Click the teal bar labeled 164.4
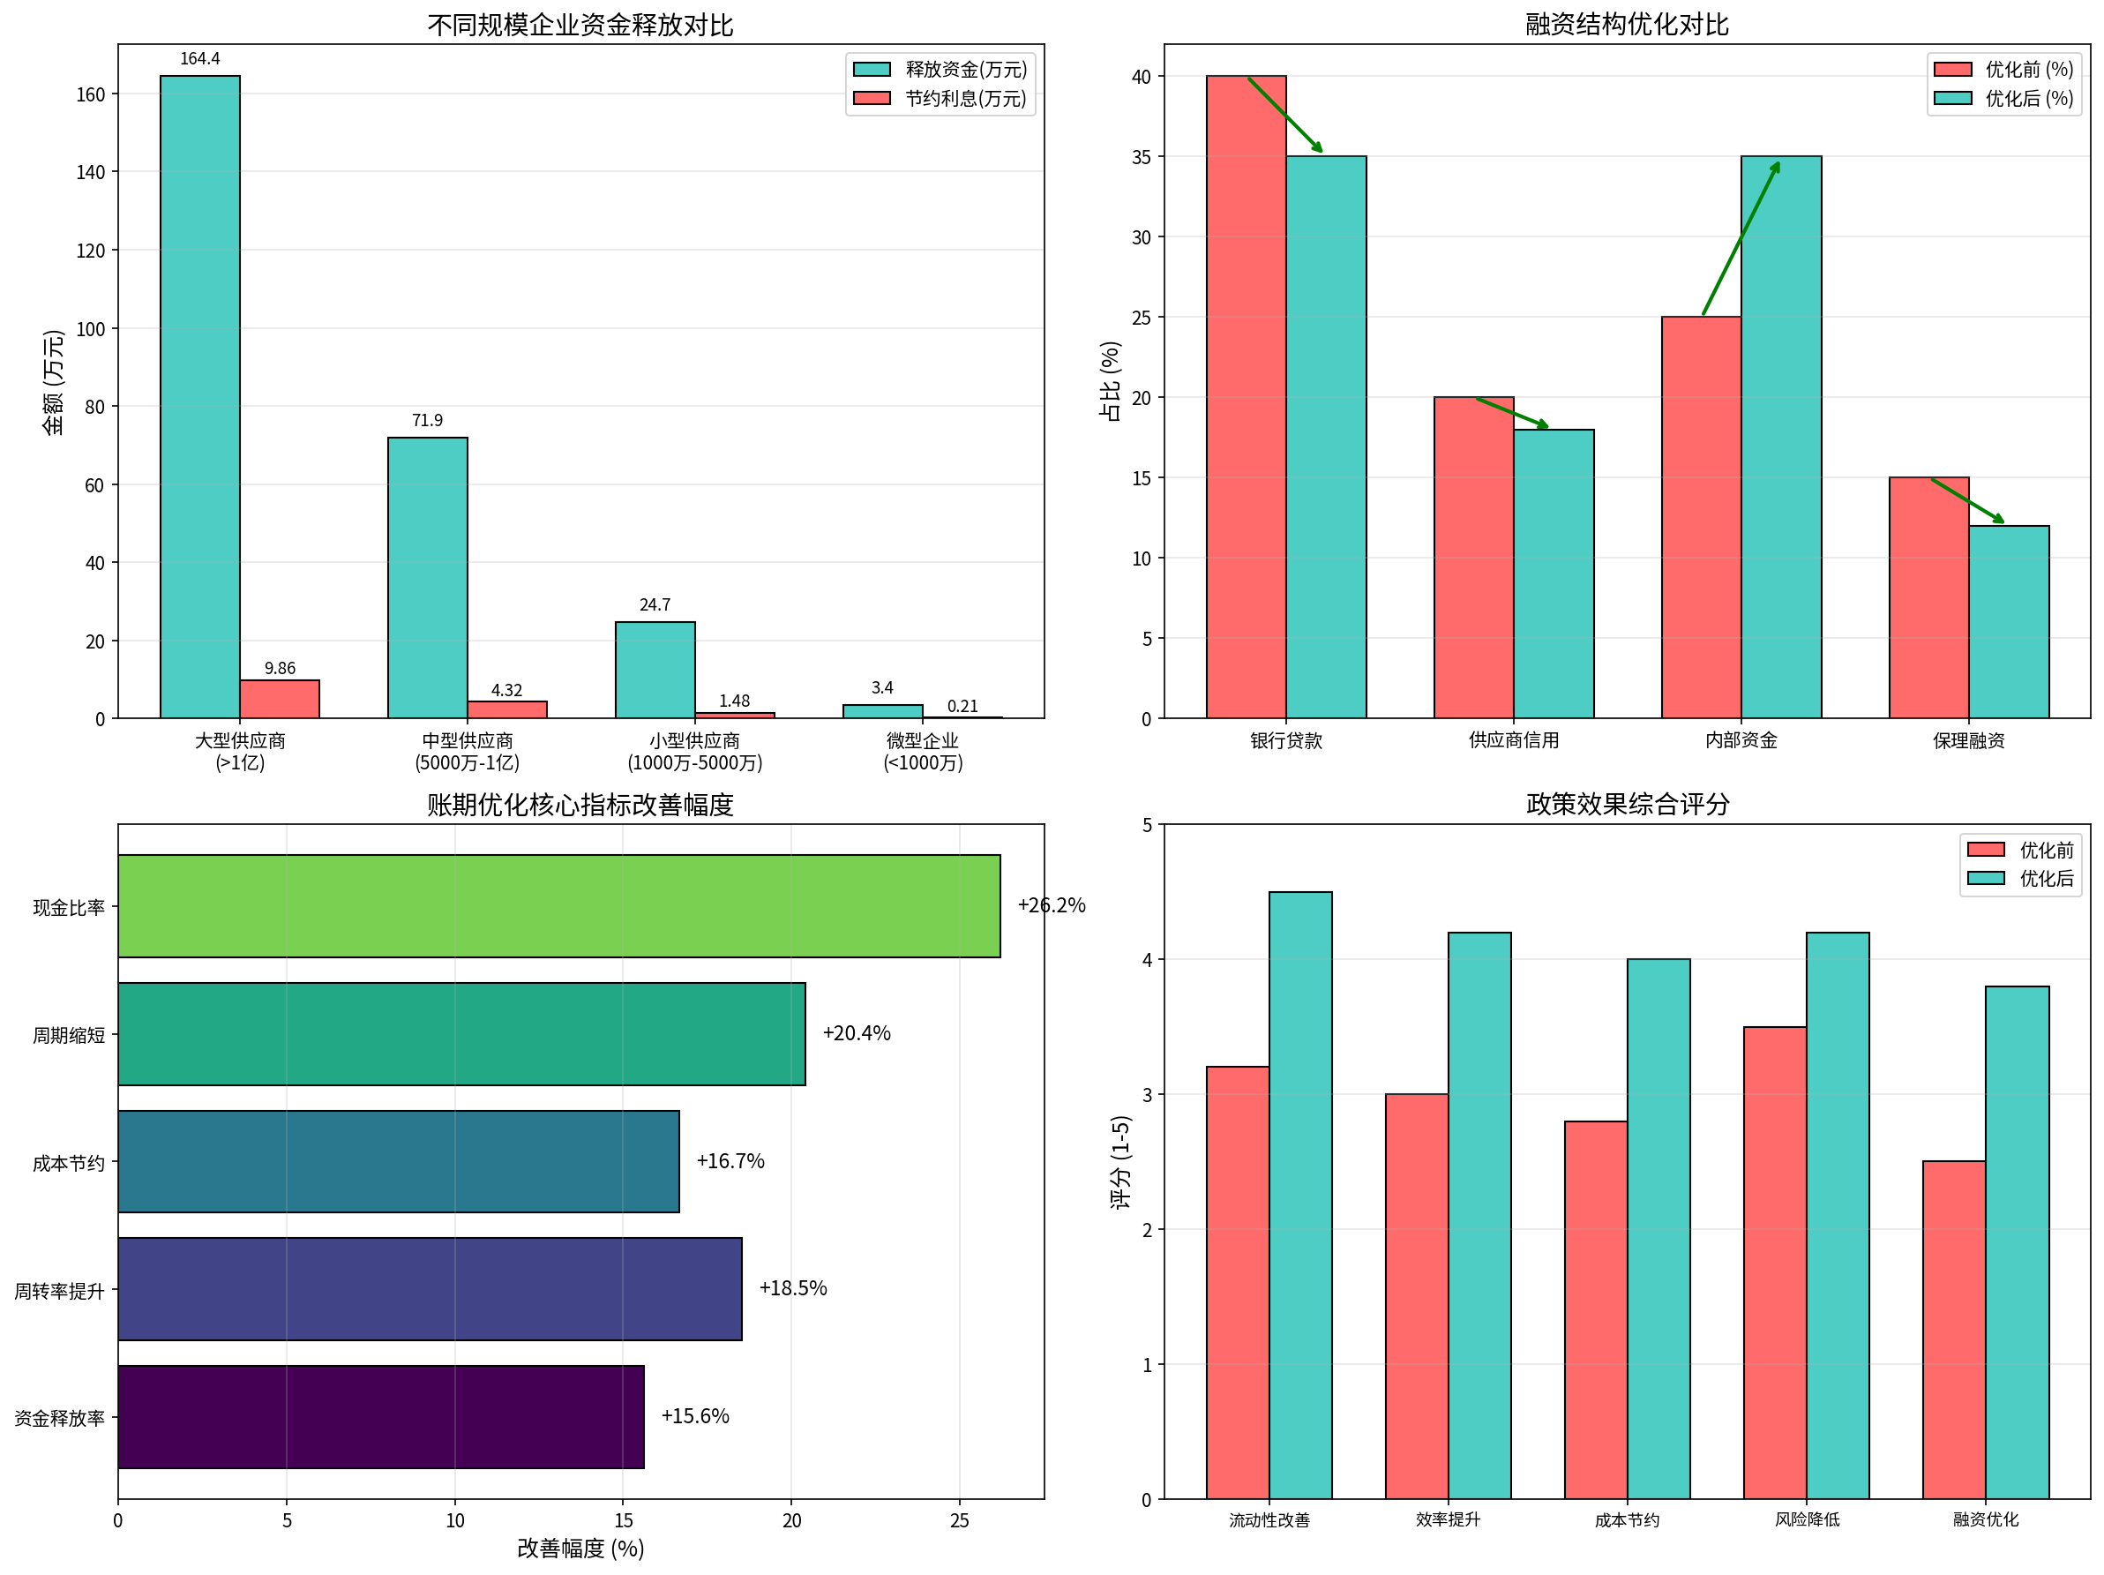(x=199, y=396)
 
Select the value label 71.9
(x=427, y=420)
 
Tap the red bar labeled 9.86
(x=280, y=699)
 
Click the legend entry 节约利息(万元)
(x=964, y=99)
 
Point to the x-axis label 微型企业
(x=923, y=741)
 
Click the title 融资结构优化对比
(x=1627, y=25)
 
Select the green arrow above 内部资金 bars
(x=1741, y=237)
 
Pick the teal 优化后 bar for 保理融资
(x=2009, y=622)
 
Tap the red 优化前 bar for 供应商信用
(x=1473, y=558)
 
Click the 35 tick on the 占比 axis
(x=1142, y=157)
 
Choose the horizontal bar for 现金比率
(x=559, y=906)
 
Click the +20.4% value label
(x=856, y=1033)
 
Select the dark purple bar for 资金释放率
(x=380, y=1417)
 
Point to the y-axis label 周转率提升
(x=59, y=1291)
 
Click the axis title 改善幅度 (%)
(x=580, y=1549)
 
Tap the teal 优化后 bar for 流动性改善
(x=1300, y=1196)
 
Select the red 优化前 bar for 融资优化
(x=1954, y=1330)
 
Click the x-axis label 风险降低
(x=1807, y=1519)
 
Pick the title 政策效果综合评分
(x=1627, y=805)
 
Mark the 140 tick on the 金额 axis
(x=90, y=172)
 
